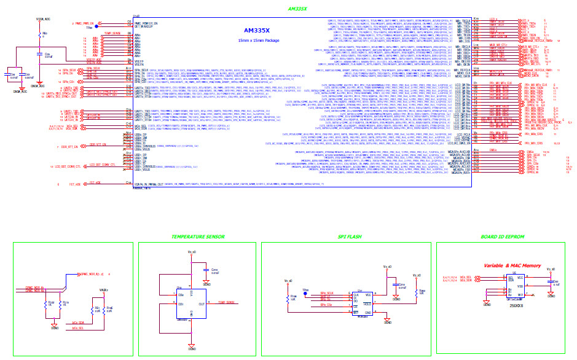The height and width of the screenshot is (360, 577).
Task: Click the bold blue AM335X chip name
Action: pos(257,29)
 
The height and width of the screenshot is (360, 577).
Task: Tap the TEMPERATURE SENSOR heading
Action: pos(198,237)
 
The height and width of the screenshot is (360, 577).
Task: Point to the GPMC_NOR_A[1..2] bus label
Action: pos(92,274)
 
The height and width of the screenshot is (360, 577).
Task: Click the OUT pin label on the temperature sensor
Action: pos(202,303)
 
